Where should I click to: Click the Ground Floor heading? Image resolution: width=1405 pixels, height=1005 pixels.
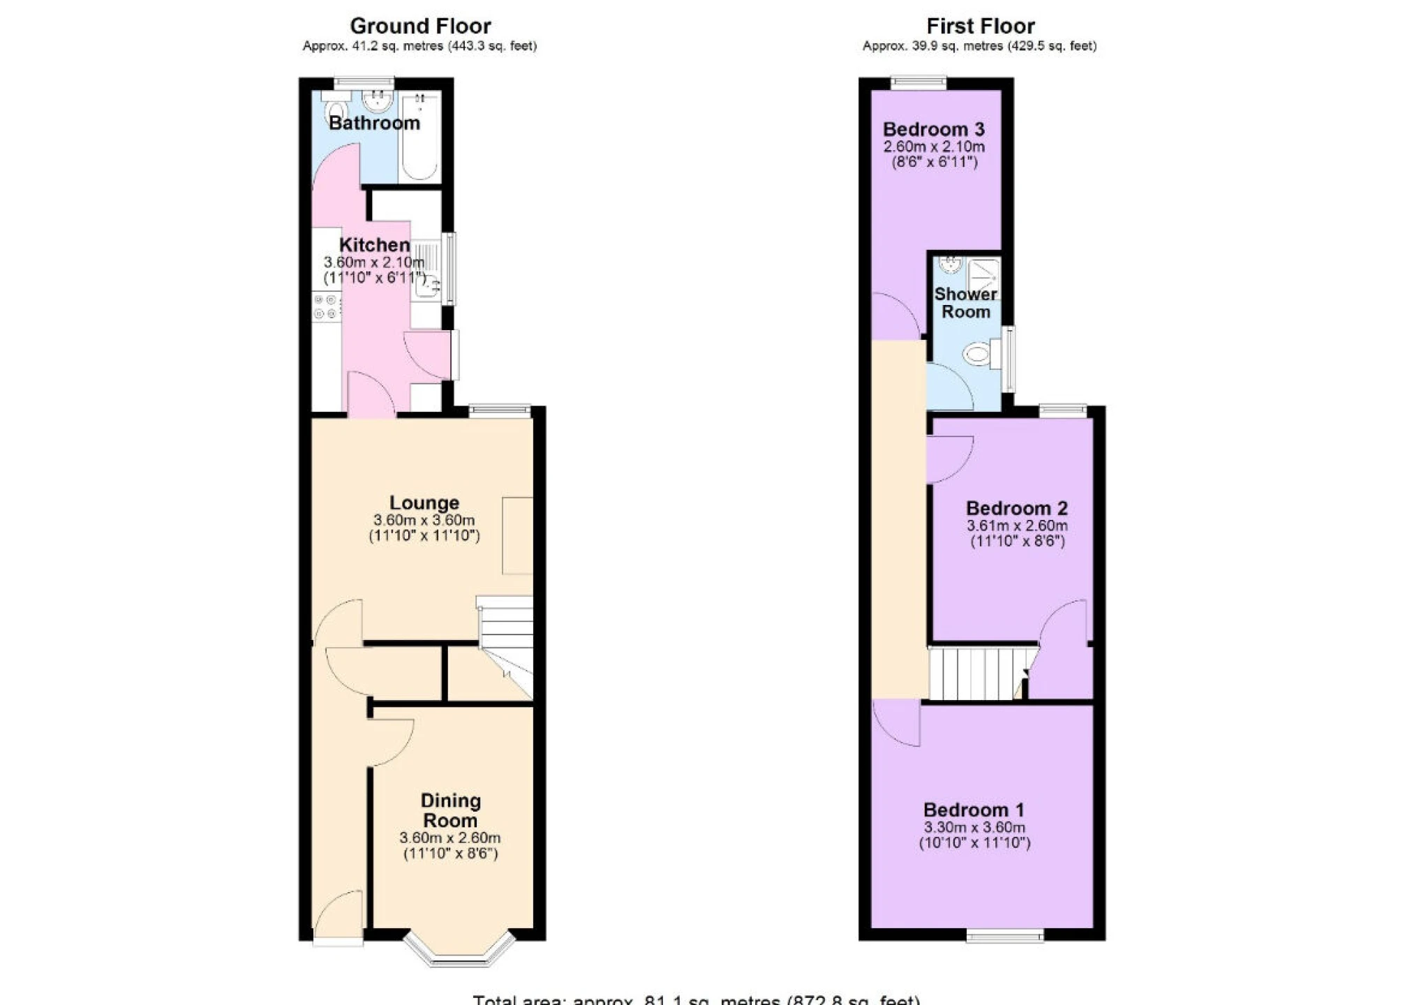(420, 27)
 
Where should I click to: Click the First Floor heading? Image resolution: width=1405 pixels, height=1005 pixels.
(980, 27)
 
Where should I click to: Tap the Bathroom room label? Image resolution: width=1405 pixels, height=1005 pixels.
(374, 124)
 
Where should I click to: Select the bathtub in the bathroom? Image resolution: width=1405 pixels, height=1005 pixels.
(419, 137)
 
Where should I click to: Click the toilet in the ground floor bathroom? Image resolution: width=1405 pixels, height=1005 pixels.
(336, 111)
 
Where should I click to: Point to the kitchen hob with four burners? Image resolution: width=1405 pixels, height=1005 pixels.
(326, 307)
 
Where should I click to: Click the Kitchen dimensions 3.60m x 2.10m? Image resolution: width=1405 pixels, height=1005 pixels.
(374, 263)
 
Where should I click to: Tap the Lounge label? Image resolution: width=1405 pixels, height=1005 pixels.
(424, 502)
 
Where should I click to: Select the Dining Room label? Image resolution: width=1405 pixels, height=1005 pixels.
(450, 811)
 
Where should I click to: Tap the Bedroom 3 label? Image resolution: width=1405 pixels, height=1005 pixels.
(933, 129)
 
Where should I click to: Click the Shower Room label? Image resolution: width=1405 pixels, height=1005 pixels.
(965, 303)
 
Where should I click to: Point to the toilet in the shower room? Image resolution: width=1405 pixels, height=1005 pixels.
(979, 354)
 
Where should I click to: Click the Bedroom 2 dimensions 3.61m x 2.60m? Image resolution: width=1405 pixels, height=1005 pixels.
(1016, 526)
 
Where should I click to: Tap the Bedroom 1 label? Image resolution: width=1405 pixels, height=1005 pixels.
(974, 810)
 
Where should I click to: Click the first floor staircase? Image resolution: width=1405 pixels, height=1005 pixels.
(977, 673)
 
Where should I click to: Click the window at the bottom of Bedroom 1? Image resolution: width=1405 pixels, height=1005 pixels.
(1004, 935)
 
